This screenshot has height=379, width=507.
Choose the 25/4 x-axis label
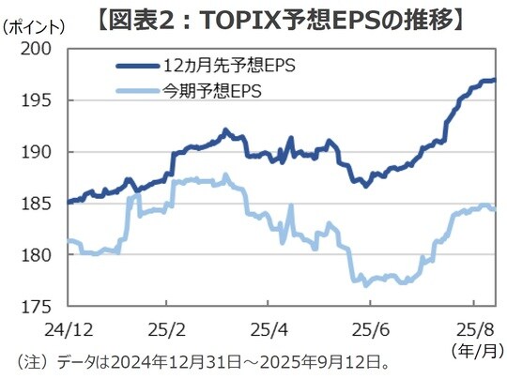pyautogui.click(x=269, y=329)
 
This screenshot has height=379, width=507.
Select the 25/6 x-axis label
pyautogui.click(x=369, y=329)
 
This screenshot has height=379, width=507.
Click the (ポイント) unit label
pyautogui.click(x=36, y=27)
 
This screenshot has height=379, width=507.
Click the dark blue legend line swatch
pyautogui.click(x=137, y=67)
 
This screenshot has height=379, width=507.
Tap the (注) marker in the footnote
pyautogui.click(x=33, y=362)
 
